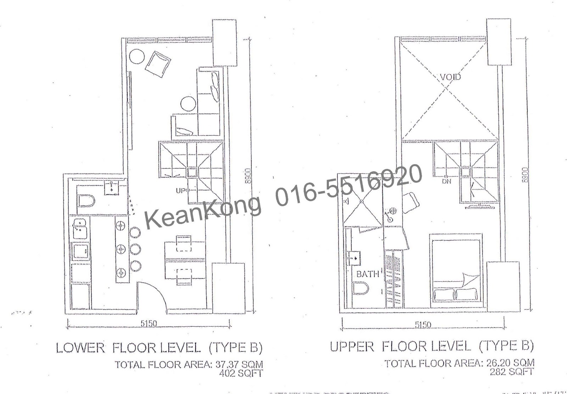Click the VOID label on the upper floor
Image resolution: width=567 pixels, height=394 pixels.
coord(450,77)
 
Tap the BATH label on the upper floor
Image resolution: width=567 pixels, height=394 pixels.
coord(367,274)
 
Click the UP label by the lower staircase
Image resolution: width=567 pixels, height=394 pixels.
coord(182,191)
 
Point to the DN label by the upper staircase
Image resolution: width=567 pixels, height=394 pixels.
coord(446,181)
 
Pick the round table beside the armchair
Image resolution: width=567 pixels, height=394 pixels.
coord(136,56)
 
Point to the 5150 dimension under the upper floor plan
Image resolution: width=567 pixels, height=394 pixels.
coord(423,324)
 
